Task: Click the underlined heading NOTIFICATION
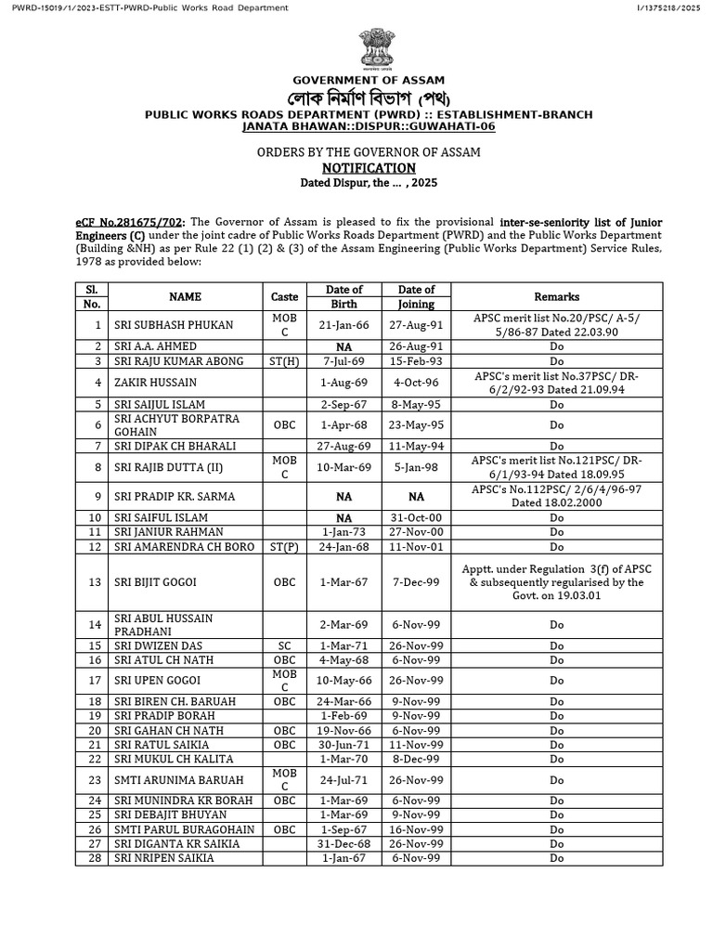pyautogui.click(x=369, y=168)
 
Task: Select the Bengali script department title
pyautogui.click(x=369, y=98)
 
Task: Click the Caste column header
pyautogui.click(x=285, y=297)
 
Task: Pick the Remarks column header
pyautogui.click(x=557, y=297)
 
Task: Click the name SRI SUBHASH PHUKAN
pyautogui.click(x=162, y=325)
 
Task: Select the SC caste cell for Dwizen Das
pyautogui.click(x=285, y=645)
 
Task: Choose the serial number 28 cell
pyautogui.click(x=92, y=858)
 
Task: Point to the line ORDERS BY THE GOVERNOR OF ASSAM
pyautogui.click(x=369, y=151)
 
